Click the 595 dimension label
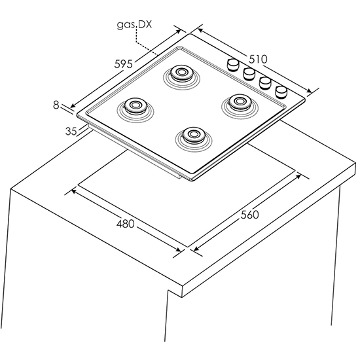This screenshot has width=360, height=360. coord(124,64)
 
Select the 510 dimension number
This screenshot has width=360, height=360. coord(259,59)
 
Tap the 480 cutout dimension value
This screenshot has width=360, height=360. coord(126,224)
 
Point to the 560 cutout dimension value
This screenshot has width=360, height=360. coord(250,215)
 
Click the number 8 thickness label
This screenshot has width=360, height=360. coord(56,105)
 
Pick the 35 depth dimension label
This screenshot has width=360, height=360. coord(71,131)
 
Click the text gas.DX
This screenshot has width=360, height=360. coord(134,25)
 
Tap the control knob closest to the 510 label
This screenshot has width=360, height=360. coord(233,65)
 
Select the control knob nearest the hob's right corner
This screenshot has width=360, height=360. coord(281,92)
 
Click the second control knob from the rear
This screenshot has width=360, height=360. coord(249,74)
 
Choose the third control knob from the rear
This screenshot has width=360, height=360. coord(265,83)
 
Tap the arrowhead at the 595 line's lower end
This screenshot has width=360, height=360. coord(73,105)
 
